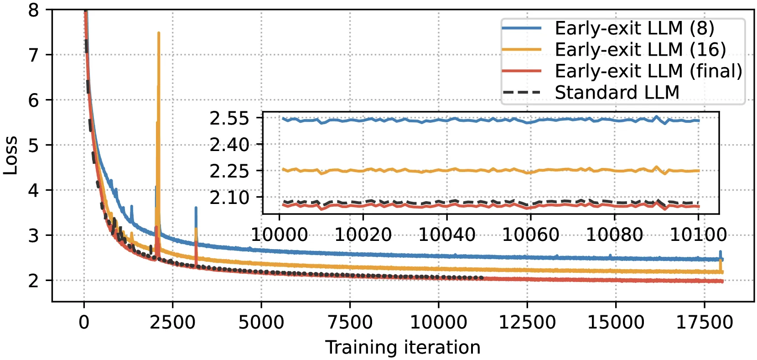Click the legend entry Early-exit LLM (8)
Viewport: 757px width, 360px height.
click(608, 28)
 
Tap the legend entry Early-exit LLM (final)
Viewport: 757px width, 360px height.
click(622, 71)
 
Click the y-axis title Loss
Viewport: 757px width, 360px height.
click(10, 156)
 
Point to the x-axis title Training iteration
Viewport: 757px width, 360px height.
click(403, 348)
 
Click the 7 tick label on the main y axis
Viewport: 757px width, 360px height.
click(33, 55)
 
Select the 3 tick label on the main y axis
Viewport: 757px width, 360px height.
click(33, 235)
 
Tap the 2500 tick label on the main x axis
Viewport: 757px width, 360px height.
click(173, 322)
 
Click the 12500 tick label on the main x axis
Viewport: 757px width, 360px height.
click(527, 322)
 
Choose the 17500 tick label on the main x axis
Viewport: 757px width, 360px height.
click(704, 322)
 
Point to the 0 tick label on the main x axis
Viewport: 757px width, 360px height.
click(84, 322)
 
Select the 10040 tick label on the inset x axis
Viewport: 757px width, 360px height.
click(447, 235)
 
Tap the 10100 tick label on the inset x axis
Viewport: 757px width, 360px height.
click(698, 235)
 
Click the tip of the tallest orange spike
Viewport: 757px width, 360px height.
click(159, 33)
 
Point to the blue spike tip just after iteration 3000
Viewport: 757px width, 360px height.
click(196, 208)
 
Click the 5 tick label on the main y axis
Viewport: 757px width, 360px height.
click(33, 146)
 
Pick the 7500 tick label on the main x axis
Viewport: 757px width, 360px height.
click(350, 322)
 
